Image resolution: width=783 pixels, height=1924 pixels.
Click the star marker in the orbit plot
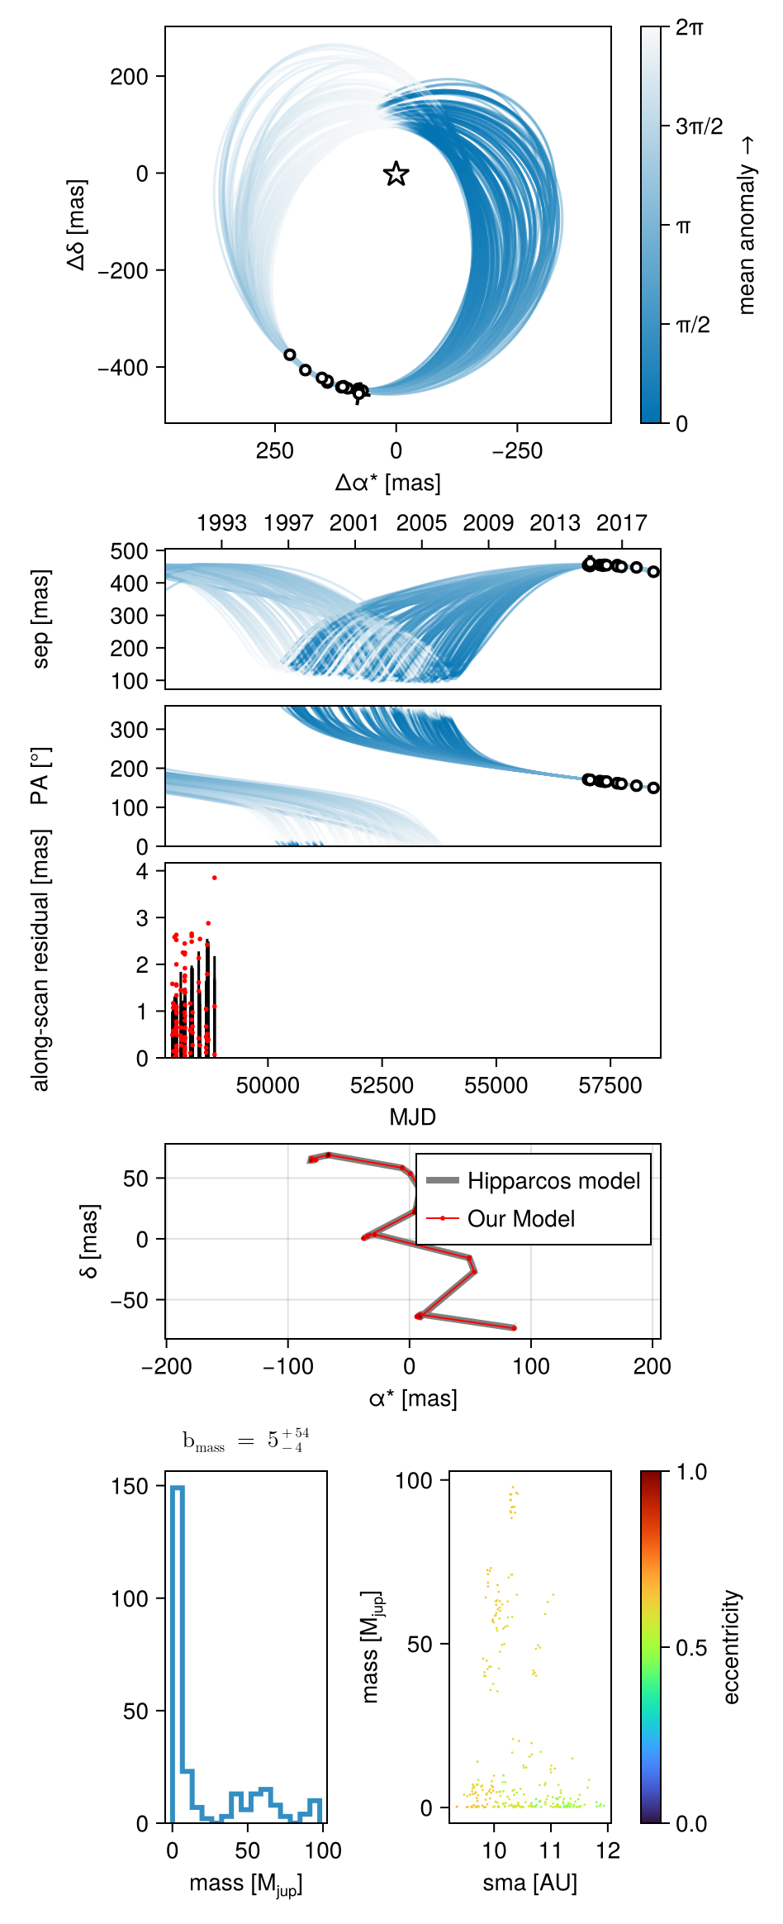coord(396,174)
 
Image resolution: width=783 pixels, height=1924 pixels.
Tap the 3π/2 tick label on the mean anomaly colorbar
coord(699,126)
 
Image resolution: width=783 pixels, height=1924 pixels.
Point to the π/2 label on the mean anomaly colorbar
coord(693,325)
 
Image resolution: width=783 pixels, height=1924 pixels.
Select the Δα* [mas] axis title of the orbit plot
coord(387,483)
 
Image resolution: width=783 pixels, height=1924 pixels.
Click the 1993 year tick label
coord(221,523)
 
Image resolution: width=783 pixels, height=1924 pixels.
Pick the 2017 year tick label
coord(621,523)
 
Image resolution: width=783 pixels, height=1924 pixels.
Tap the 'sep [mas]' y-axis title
coord(40,618)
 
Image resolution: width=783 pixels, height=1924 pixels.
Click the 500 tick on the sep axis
coord(130,551)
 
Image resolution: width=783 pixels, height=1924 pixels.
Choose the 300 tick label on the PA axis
coord(130,730)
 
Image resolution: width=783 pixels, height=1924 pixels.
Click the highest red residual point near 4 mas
coord(215,878)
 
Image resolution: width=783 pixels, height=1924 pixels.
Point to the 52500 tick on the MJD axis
coord(382,1085)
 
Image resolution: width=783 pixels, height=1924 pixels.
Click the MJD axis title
coord(412,1117)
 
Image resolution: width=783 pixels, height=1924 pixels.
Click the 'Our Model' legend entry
coord(521,1218)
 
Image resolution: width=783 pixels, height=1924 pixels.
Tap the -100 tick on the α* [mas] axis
coord(287,1366)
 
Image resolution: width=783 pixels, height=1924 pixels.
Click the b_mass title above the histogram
coord(245,1440)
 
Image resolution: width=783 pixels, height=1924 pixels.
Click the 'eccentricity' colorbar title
coord(731,1647)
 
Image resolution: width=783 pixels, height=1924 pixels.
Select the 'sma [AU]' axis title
coord(529,1883)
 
